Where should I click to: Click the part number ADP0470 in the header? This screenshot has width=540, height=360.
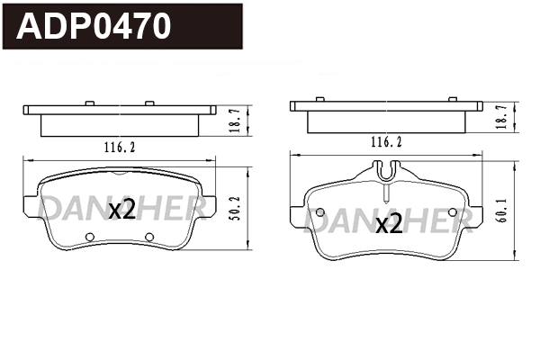click(x=95, y=27)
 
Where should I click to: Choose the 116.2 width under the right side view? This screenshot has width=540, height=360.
click(x=385, y=142)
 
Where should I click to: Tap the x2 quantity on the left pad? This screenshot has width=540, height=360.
click(x=121, y=211)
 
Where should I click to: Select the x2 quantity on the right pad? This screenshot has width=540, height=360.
click(x=388, y=224)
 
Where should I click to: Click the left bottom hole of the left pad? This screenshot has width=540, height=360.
click(x=89, y=238)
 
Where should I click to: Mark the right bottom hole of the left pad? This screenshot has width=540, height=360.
click(x=150, y=238)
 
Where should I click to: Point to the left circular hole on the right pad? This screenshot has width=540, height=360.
click(x=319, y=212)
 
